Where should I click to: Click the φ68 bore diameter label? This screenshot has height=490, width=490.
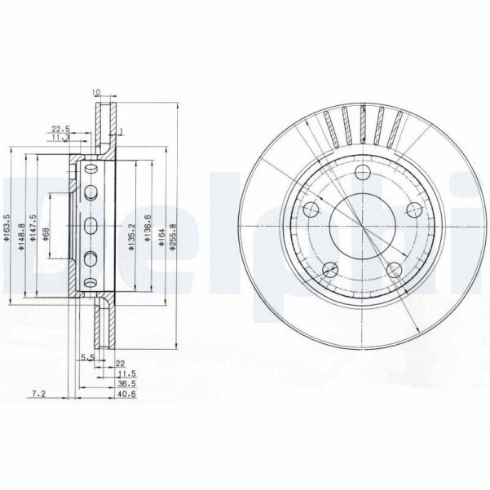pyautogui.click(x=46, y=234)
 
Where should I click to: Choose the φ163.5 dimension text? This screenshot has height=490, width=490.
pyautogui.click(x=7, y=234)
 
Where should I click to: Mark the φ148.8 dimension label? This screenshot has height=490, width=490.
pyautogui.click(x=20, y=234)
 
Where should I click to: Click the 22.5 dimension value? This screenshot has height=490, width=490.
pyautogui.click(x=59, y=127)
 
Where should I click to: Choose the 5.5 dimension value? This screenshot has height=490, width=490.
pyautogui.click(x=86, y=356)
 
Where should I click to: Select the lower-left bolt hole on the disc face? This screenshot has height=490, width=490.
pyautogui.click(x=329, y=269)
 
